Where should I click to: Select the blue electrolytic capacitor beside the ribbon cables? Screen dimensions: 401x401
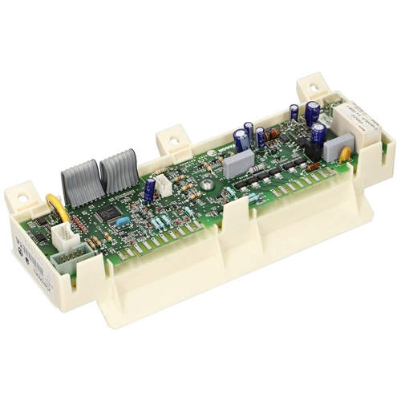click(x=150, y=189)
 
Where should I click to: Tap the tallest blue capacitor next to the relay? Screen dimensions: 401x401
click(x=311, y=111)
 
